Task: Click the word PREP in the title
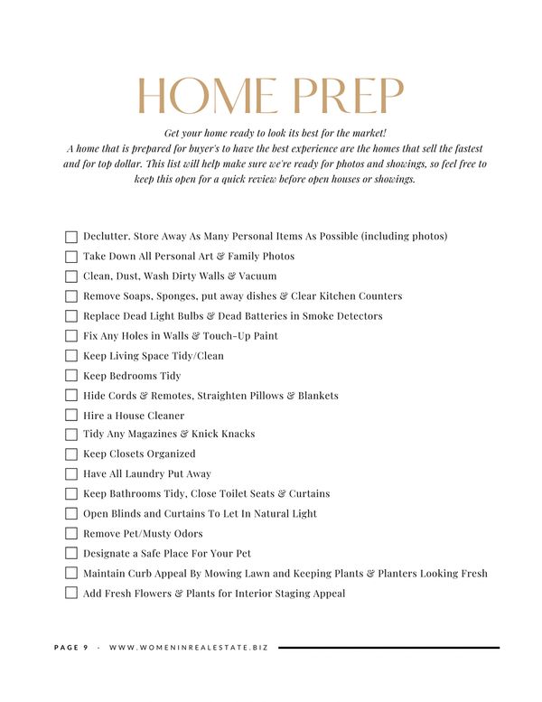349,98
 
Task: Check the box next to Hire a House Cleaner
71,416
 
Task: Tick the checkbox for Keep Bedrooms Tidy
71,376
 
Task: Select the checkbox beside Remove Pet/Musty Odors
71,534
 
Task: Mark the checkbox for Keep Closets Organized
71,454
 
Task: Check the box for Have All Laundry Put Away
71,474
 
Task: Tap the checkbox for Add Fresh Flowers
71,594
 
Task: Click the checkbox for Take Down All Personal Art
71,257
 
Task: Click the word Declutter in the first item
106,237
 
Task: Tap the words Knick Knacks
224,435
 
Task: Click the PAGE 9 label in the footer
71,648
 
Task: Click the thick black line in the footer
388,648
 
